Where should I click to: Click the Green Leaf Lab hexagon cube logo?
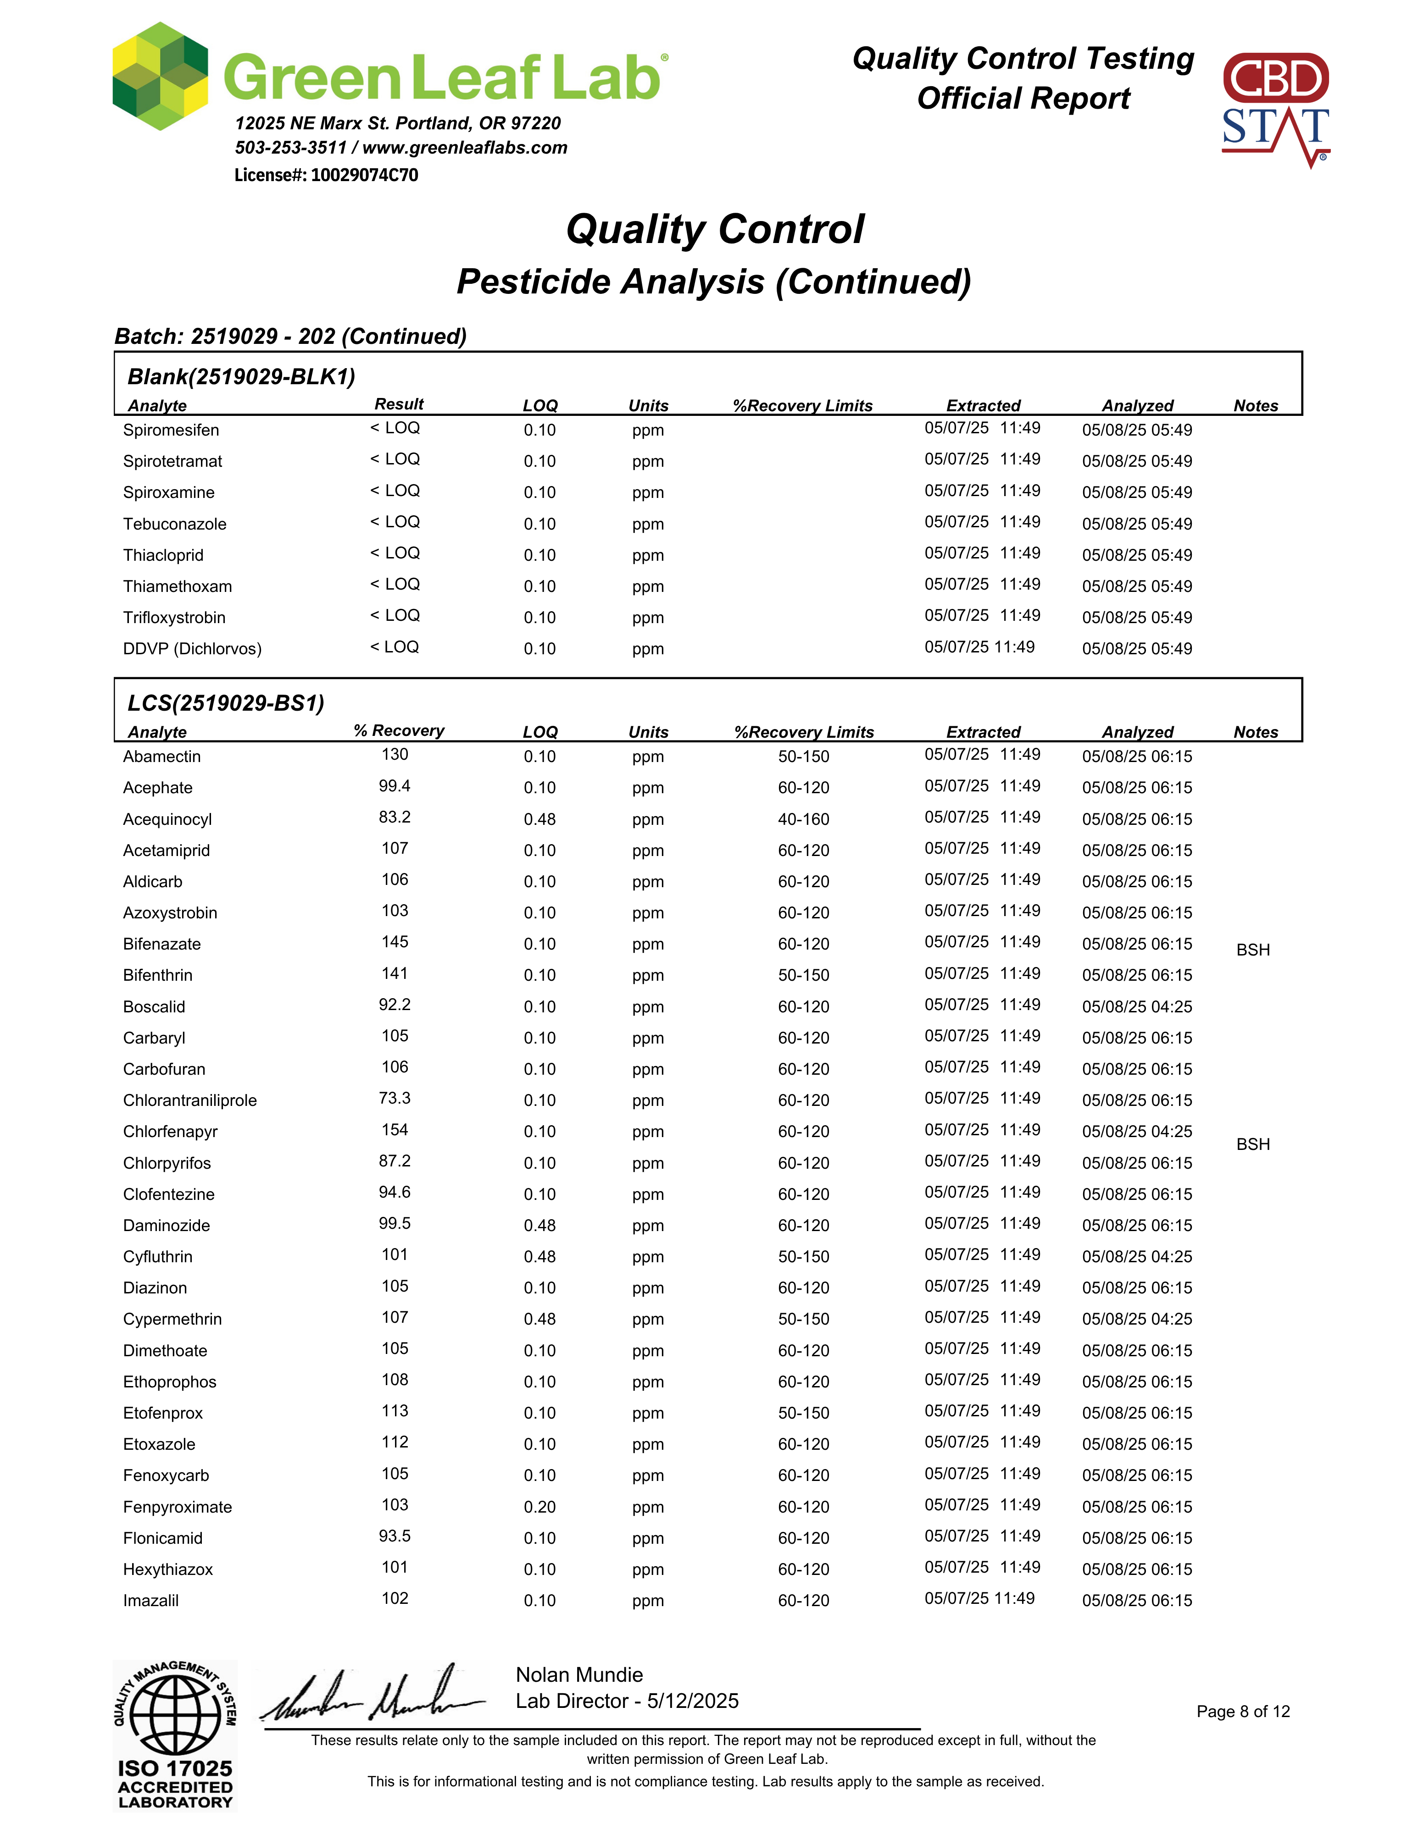[x=160, y=77]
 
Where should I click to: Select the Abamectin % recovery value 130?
[x=395, y=754]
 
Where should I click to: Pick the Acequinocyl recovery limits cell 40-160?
[x=803, y=819]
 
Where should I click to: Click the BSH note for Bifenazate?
[x=1252, y=950]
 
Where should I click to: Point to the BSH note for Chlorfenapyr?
[x=1252, y=1144]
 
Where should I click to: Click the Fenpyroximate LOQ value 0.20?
[x=539, y=1507]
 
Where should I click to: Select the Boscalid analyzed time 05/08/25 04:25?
[x=1137, y=1006]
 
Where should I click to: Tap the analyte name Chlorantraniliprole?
[x=190, y=1100]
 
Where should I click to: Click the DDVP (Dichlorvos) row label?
[x=192, y=648]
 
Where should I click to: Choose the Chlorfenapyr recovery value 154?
[x=395, y=1129]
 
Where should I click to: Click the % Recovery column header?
[x=399, y=730]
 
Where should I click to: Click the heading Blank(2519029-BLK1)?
[x=241, y=376]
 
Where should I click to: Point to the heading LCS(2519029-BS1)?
[x=226, y=703]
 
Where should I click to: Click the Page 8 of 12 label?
[x=1242, y=1712]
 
